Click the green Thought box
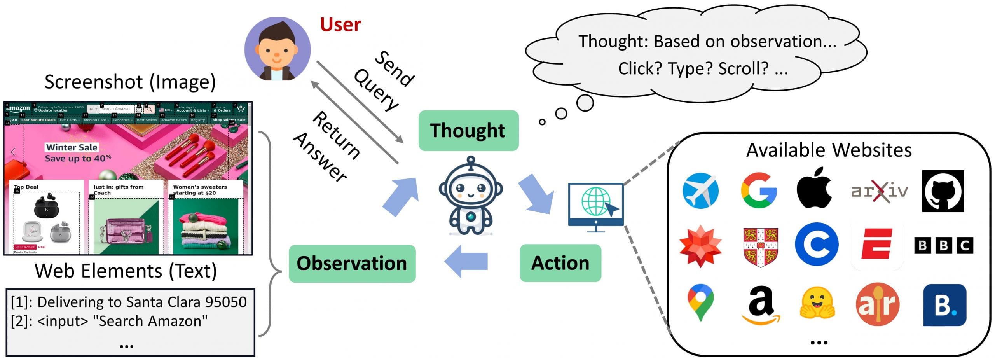tap(468, 131)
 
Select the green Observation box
tap(352, 263)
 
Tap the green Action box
tap(560, 263)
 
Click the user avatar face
tap(277, 49)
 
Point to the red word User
tap(340, 24)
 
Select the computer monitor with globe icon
tap(595, 205)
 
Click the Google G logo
tap(758, 190)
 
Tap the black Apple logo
tap(814, 189)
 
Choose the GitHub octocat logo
tap(943, 191)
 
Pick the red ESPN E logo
tap(876, 244)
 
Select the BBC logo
tap(943, 245)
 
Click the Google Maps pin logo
tap(700, 302)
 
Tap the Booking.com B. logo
tap(944, 305)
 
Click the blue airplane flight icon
tap(700, 190)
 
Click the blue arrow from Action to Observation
tap(466, 261)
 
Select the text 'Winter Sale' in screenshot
tap(72, 147)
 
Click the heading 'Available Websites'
tap(829, 150)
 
